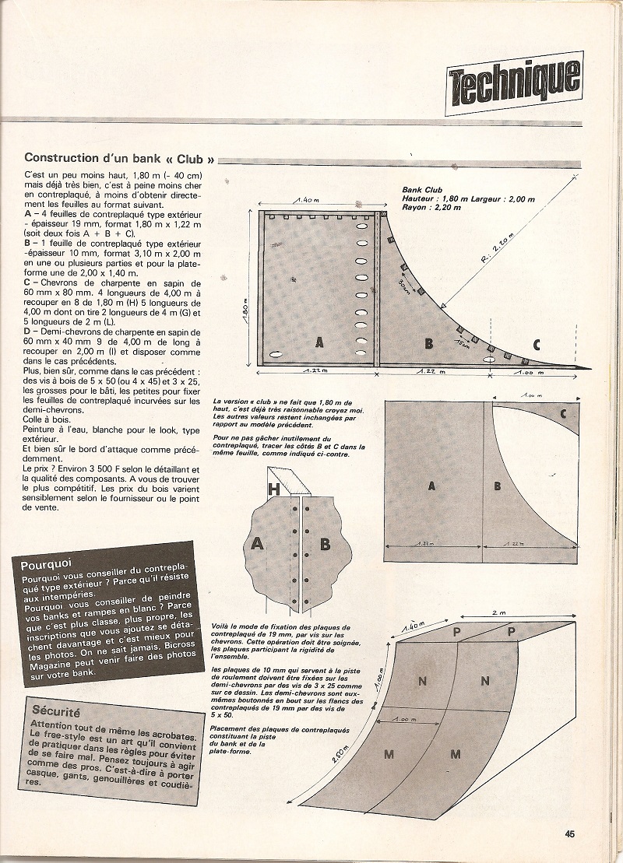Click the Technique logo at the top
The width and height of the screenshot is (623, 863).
(x=515, y=78)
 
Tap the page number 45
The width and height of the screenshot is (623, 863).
(x=570, y=833)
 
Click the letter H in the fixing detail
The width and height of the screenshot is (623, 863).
(x=273, y=489)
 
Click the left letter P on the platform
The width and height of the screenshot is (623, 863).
(x=456, y=632)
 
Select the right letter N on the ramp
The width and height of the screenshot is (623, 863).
(x=484, y=682)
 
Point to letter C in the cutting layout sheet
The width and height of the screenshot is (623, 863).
(x=563, y=413)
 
